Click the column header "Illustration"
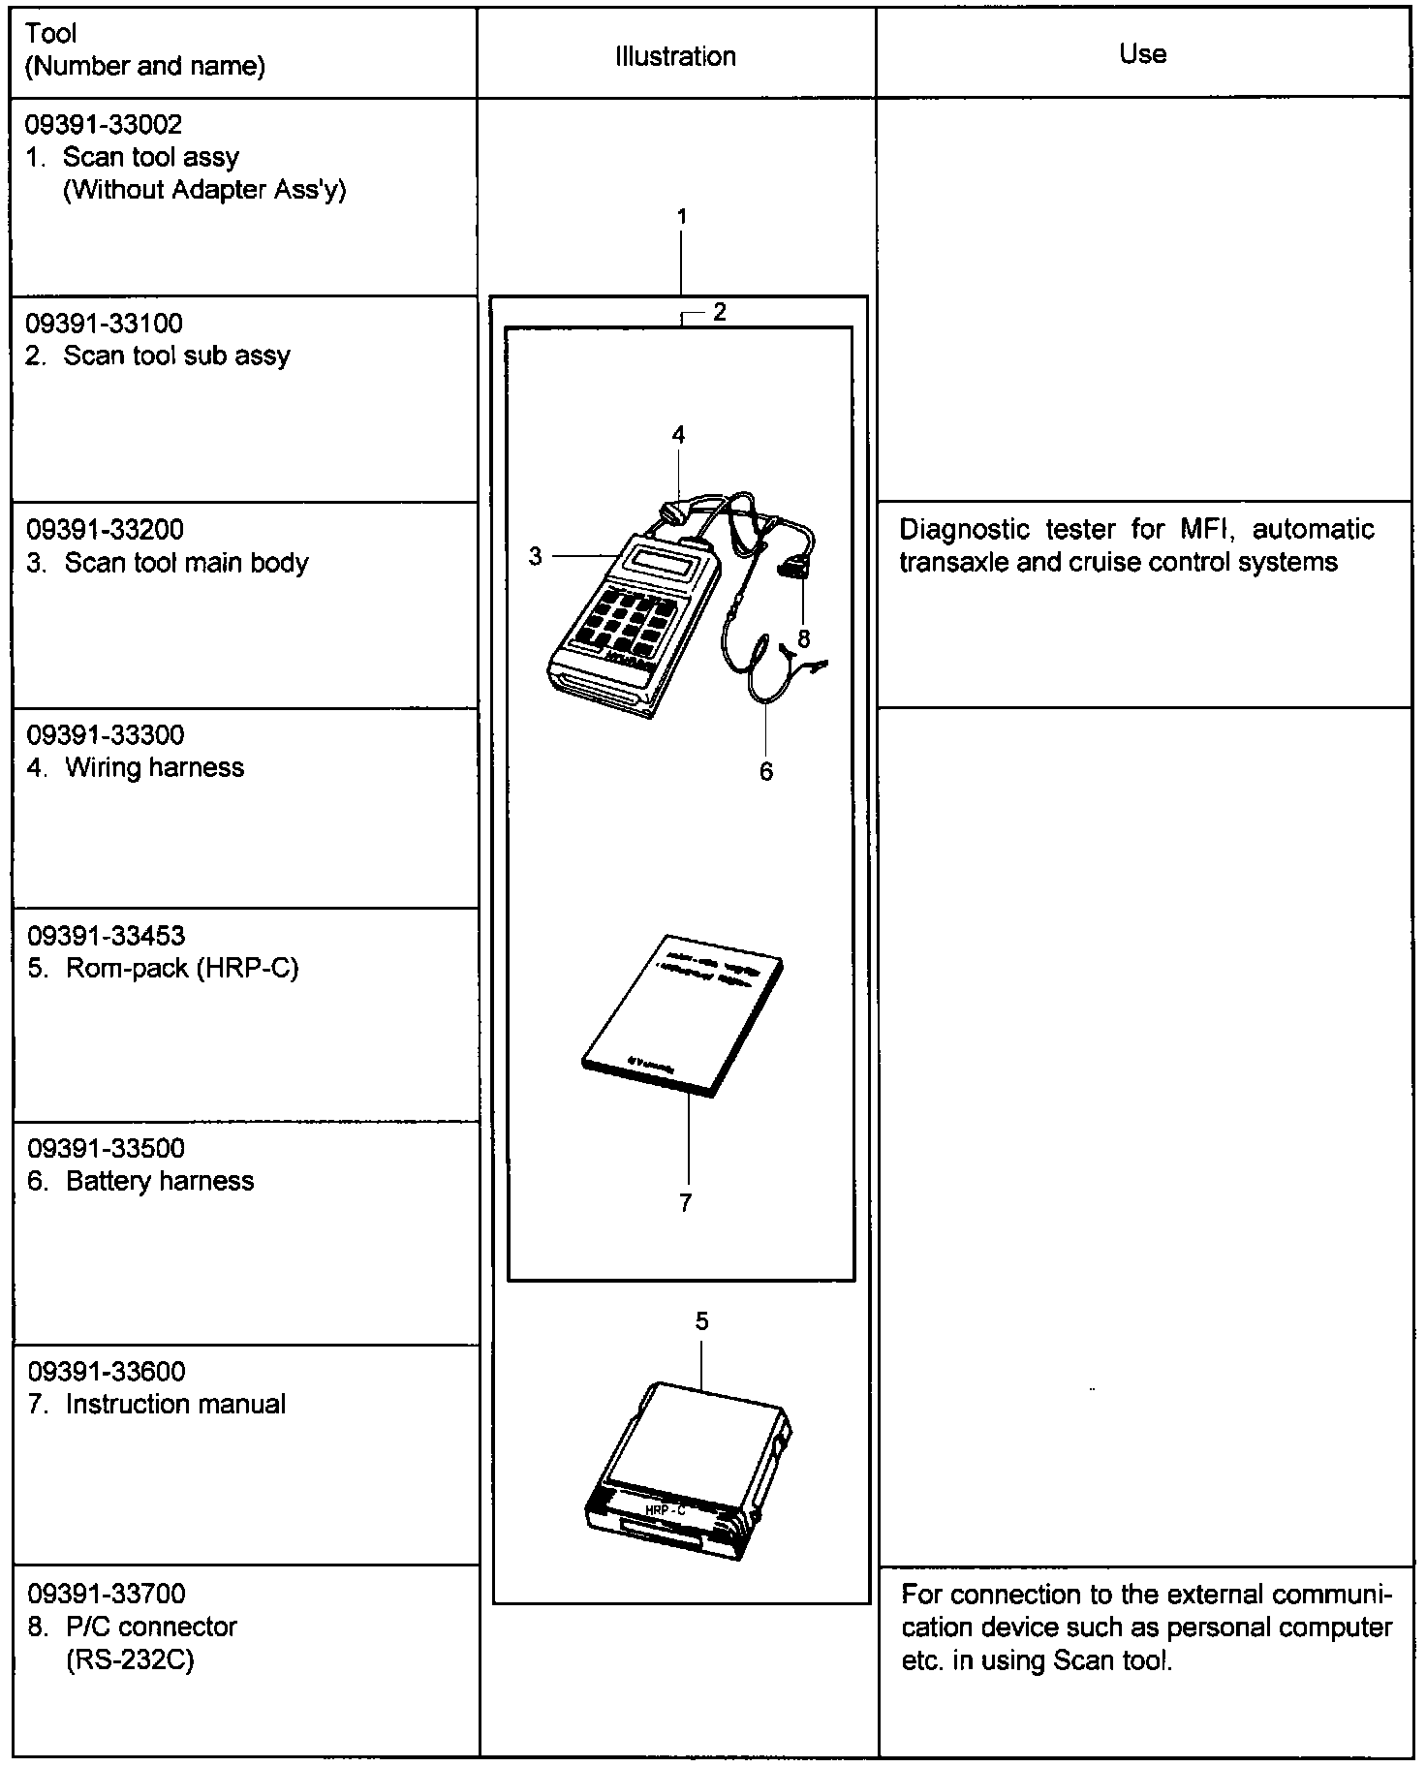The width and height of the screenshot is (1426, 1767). point(675,56)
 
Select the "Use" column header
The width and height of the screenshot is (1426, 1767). point(1142,53)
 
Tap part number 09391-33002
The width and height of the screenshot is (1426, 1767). point(105,124)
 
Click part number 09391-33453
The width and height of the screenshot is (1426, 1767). point(106,936)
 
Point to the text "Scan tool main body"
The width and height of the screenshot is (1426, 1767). point(186,563)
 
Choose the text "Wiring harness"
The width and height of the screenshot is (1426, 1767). point(155,768)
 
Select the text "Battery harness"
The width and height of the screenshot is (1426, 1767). point(160,1181)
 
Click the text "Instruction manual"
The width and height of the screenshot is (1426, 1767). point(175,1405)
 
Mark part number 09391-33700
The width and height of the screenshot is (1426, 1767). point(107,1594)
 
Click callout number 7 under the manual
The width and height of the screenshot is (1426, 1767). point(686,1202)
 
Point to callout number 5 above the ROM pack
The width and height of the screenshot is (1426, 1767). point(701,1321)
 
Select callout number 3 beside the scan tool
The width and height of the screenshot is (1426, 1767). point(536,556)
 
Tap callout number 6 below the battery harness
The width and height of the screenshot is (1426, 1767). point(766,771)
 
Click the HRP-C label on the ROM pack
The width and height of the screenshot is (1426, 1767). point(666,1508)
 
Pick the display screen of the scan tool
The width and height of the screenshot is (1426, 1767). point(664,559)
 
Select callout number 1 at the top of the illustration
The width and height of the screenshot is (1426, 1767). point(682,216)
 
